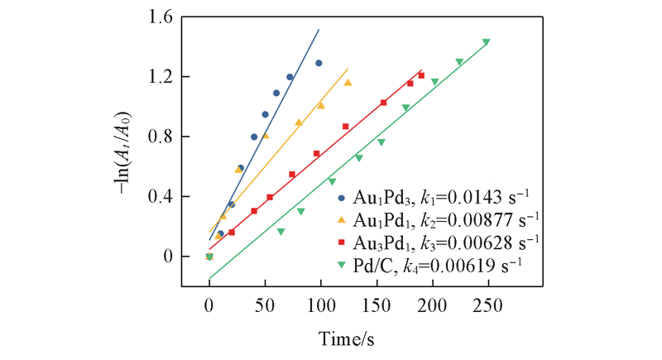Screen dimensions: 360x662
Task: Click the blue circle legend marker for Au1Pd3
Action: coord(342,198)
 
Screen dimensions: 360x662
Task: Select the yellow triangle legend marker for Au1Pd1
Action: coord(342,219)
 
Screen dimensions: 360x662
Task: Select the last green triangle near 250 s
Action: coord(486,42)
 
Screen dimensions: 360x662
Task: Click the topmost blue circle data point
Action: coord(319,63)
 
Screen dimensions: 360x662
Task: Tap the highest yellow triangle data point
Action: coord(348,82)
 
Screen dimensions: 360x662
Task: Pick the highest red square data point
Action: coord(421,75)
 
